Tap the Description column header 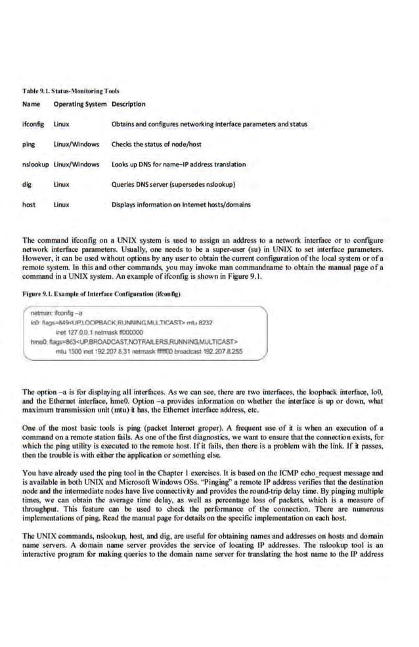pos(129,104)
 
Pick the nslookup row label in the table pos(36,164)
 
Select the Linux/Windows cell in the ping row pos(76,143)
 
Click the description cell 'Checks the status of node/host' pos(156,143)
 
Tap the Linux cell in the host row pos(62,204)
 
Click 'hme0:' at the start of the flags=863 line pos(38,341)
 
